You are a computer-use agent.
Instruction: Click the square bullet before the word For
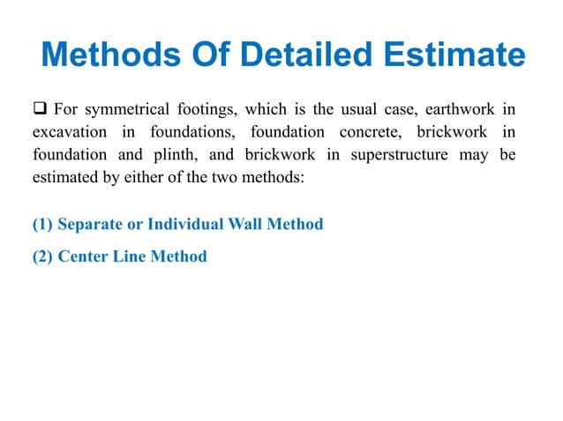coord(40,109)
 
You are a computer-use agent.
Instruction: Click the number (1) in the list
coord(43,224)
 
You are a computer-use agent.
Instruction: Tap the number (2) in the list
coord(43,256)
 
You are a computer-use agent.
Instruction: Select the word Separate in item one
coord(91,224)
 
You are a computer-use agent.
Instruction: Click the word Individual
coord(184,224)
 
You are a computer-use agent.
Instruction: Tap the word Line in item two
coord(131,256)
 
